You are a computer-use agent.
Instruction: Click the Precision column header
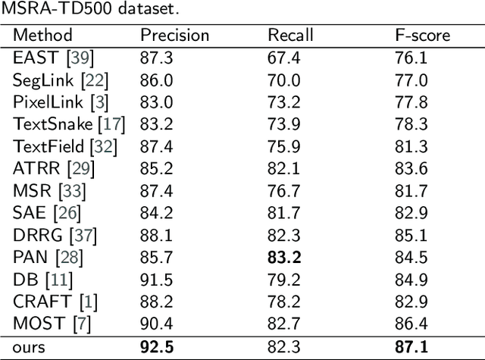click(174, 36)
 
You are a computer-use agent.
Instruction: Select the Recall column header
click(290, 36)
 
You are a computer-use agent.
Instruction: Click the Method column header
click(43, 36)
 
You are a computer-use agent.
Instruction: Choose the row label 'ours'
click(30, 347)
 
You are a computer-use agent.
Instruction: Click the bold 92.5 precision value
click(156, 347)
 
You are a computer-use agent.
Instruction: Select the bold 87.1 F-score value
click(412, 347)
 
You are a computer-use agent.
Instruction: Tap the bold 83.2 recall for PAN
click(284, 258)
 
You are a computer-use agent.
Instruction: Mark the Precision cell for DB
click(154, 280)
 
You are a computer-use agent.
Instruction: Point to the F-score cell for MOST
click(411, 324)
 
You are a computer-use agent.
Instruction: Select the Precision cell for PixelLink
click(154, 102)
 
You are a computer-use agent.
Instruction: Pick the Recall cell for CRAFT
click(283, 302)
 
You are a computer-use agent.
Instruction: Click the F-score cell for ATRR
click(411, 168)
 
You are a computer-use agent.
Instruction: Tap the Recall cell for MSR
click(283, 191)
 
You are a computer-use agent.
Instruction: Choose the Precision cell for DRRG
click(154, 236)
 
